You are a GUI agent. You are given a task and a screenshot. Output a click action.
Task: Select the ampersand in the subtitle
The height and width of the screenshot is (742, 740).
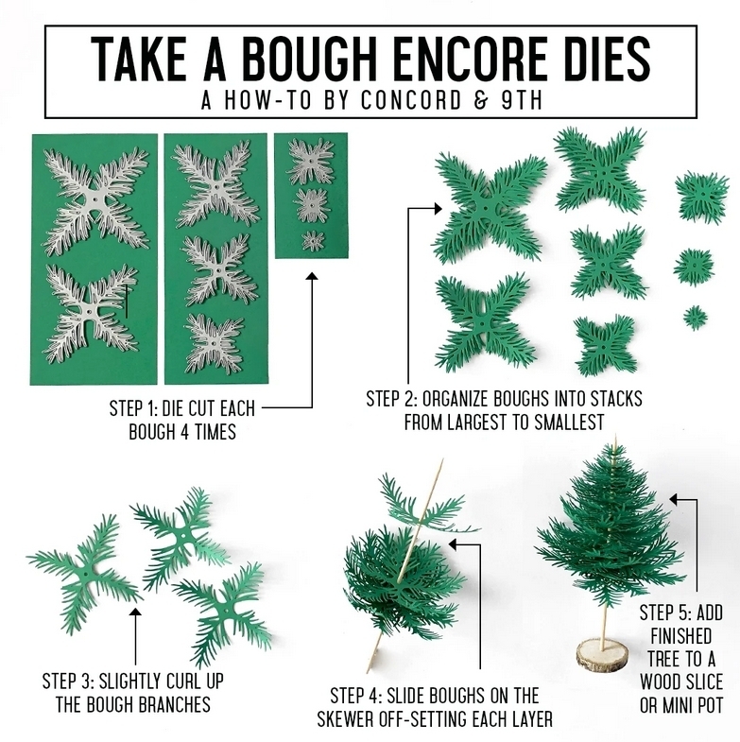pos(481,100)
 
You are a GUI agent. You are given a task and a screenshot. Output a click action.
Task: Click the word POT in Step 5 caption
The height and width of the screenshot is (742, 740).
pos(705,705)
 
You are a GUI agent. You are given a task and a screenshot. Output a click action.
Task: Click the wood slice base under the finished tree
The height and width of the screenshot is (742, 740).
pos(602,655)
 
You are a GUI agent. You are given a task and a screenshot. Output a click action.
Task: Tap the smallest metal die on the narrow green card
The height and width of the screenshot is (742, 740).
pos(313,241)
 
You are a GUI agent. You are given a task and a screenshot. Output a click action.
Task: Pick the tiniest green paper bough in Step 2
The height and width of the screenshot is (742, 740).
pos(695,317)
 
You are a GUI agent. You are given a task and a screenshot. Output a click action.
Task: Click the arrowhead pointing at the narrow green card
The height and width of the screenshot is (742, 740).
pos(311,276)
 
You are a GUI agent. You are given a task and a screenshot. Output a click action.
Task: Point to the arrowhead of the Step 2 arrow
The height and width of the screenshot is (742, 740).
pos(438,208)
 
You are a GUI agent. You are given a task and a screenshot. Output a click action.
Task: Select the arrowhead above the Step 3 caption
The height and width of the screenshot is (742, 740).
pos(135,613)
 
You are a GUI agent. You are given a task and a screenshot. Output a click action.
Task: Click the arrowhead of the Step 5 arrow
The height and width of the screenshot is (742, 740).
pos(674,499)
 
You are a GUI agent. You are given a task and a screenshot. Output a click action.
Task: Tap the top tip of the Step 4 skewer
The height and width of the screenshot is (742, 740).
pos(442,459)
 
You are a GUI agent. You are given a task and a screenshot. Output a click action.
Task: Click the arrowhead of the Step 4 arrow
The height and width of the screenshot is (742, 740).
pos(453,544)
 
